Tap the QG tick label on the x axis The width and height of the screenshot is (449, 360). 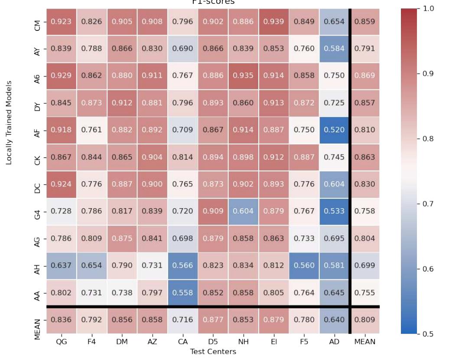point(61,341)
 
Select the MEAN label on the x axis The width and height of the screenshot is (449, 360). point(364,341)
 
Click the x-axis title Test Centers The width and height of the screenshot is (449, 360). point(212,351)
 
